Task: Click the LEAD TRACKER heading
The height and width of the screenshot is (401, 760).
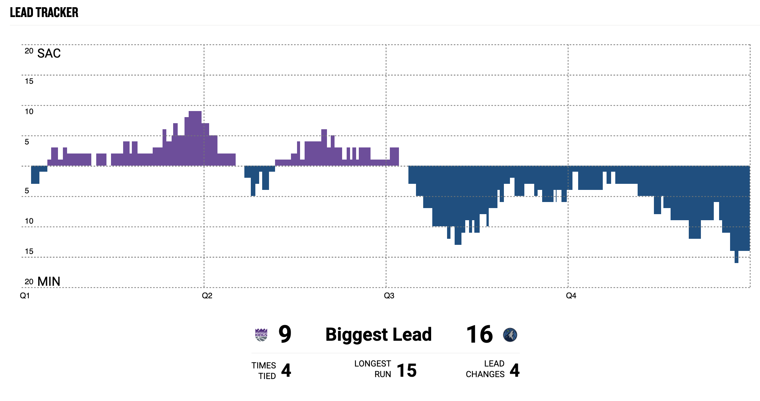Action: pyautogui.click(x=44, y=13)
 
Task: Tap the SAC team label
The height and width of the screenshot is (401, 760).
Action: pyautogui.click(x=49, y=53)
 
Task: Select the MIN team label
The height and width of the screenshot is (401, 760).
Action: pyautogui.click(x=49, y=282)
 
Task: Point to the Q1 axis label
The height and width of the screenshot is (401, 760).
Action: pyautogui.click(x=25, y=296)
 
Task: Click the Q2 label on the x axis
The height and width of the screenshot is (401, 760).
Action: pyautogui.click(x=207, y=296)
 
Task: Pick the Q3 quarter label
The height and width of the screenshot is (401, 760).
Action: pyautogui.click(x=389, y=296)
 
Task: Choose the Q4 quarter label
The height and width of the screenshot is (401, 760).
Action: pyautogui.click(x=571, y=296)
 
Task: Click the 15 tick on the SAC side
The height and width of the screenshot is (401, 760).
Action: pyautogui.click(x=29, y=81)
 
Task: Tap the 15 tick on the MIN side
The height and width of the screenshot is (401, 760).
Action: pyautogui.click(x=29, y=251)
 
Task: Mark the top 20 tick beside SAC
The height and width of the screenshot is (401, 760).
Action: pyautogui.click(x=29, y=51)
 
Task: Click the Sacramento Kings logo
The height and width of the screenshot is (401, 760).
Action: pyautogui.click(x=261, y=335)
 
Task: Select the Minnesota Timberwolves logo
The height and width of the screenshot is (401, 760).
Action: pyautogui.click(x=510, y=335)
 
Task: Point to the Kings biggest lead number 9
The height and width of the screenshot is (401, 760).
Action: pyautogui.click(x=285, y=334)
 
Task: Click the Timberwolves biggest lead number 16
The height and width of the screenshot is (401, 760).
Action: pyautogui.click(x=479, y=334)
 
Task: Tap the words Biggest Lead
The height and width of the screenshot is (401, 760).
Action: pyautogui.click(x=378, y=334)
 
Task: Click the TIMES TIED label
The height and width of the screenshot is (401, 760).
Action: pyautogui.click(x=264, y=371)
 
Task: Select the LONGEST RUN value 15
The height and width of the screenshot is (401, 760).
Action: pyautogui.click(x=407, y=370)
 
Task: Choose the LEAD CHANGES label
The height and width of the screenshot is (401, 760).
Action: pyautogui.click(x=485, y=369)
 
